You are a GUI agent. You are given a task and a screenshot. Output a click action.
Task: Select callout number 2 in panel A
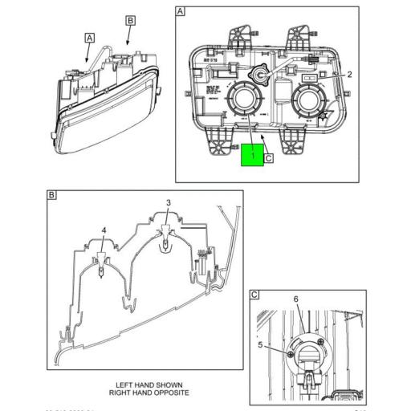[349, 74]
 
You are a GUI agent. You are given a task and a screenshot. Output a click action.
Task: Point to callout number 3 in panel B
[169, 202]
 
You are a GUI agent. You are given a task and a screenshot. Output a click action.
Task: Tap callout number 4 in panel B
[104, 230]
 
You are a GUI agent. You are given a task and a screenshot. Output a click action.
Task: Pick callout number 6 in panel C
[295, 299]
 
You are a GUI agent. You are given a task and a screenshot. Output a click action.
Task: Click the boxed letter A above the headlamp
[90, 37]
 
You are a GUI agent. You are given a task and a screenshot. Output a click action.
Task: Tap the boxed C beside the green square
[269, 158]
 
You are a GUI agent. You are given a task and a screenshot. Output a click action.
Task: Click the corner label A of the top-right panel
[180, 12]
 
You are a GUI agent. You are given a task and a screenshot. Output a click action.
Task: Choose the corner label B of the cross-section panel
[51, 195]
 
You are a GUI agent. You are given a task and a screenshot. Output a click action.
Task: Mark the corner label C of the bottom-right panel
[254, 295]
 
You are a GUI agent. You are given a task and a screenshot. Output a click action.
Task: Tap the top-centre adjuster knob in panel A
[259, 73]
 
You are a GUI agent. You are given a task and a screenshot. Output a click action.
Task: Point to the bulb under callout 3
[165, 241]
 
